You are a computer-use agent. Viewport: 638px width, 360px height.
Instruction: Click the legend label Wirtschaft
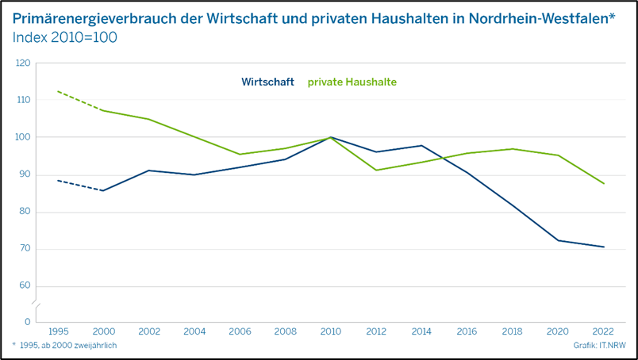[267, 82]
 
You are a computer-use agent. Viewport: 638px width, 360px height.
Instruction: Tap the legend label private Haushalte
[352, 82]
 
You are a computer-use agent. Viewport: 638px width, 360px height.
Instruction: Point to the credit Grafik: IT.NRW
[599, 346]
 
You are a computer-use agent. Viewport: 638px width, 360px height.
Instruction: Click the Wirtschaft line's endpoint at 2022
[604, 247]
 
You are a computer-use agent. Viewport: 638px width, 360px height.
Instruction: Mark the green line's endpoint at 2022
[604, 184]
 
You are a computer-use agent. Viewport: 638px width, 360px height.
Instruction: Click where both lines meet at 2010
[331, 137]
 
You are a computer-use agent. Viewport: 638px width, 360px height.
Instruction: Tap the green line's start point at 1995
[57, 91]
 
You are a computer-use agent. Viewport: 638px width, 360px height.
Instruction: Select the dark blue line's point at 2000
[102, 190]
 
